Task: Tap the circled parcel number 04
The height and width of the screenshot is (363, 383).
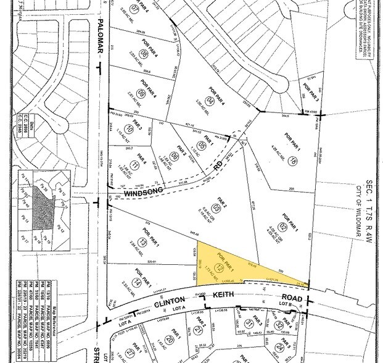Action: point(211,99)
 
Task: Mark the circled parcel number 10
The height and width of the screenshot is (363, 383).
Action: point(128,129)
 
